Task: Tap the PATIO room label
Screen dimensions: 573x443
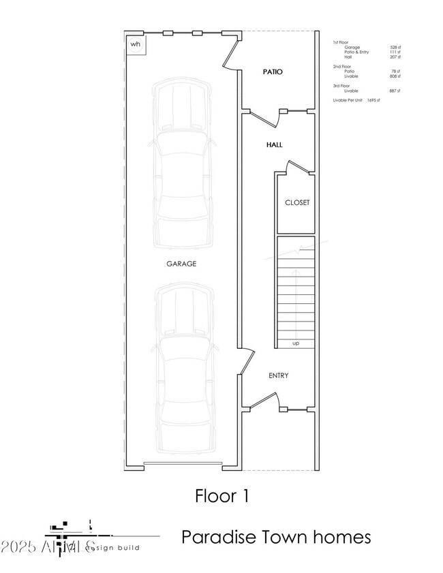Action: point(273,72)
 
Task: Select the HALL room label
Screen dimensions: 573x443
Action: point(275,144)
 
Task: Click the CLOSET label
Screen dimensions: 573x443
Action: point(296,202)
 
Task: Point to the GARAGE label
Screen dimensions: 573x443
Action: point(181,263)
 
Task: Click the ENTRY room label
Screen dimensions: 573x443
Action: point(278,375)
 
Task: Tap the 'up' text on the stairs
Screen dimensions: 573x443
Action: point(295,343)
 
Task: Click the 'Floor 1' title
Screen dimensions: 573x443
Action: point(221,495)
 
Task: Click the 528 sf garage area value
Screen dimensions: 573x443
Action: point(395,47)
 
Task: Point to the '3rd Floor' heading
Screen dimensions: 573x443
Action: point(341,86)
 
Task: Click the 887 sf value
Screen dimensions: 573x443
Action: point(395,91)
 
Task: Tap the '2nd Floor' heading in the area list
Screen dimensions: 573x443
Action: point(341,66)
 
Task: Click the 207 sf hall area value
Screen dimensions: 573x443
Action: point(395,57)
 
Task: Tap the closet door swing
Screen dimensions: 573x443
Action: point(297,166)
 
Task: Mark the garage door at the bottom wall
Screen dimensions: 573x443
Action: point(183,465)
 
